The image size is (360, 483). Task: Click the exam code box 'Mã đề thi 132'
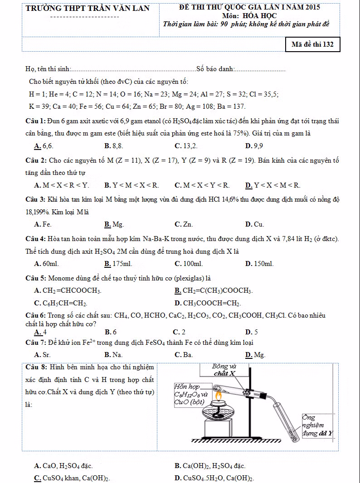coord(312,44)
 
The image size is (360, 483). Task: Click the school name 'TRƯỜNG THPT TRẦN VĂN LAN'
coord(88,9)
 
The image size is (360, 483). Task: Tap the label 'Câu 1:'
coord(35,121)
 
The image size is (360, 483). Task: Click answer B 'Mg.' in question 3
coord(114,224)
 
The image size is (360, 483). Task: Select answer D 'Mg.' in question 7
coord(255,355)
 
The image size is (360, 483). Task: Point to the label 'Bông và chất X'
coord(224,370)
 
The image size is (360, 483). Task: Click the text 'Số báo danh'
coord(215,69)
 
